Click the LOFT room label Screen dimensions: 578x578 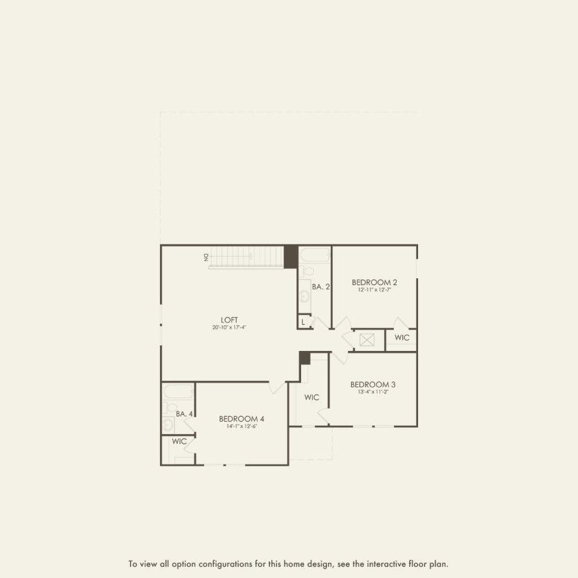229,320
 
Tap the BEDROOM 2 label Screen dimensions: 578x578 374,282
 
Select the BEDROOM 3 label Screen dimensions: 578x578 372,384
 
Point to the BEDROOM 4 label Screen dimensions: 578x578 242,418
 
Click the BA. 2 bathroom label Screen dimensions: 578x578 319,287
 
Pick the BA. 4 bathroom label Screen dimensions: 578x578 183,414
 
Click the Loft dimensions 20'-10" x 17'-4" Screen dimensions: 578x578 229,327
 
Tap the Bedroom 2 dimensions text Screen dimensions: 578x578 374,290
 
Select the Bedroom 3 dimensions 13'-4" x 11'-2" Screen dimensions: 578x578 372,392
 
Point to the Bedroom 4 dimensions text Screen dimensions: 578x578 242,426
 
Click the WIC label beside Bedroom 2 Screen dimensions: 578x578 401,338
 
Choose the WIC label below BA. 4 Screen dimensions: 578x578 179,441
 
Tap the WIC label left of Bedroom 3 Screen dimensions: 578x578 311,397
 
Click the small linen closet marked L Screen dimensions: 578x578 303,322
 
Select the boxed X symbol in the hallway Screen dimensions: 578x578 367,339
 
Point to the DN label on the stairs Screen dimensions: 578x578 206,257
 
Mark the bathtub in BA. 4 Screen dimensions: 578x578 178,392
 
